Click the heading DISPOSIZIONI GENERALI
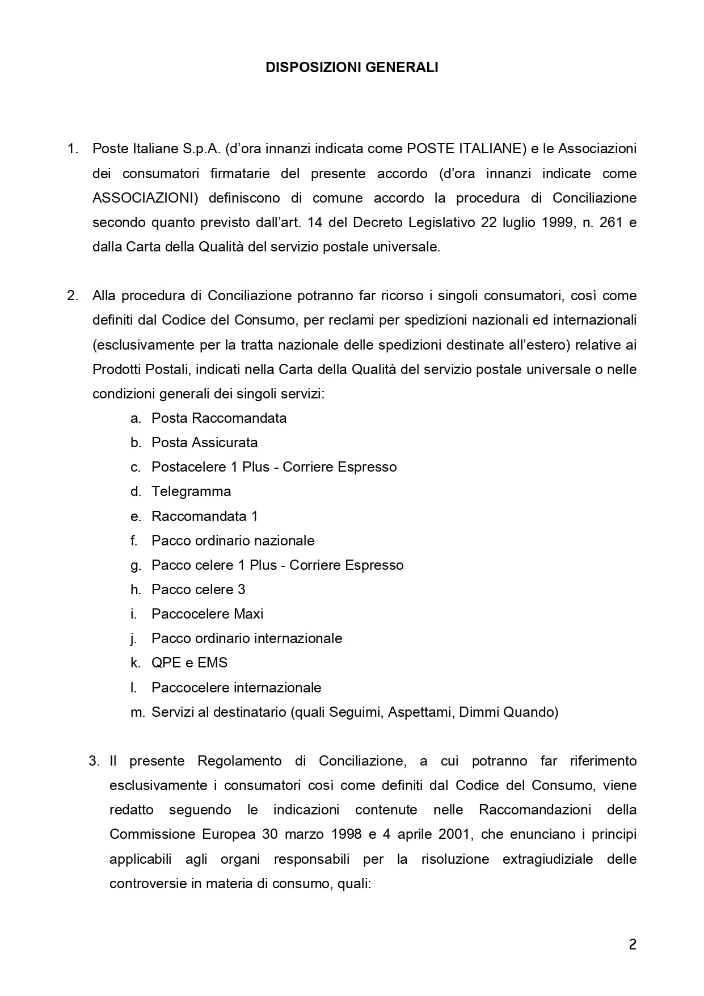[x=352, y=68]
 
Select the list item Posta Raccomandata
[x=219, y=418]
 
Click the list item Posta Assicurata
[x=204, y=443]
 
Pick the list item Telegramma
[x=191, y=491]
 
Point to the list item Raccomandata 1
[x=204, y=516]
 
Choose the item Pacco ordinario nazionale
[x=233, y=540]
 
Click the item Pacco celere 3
[x=198, y=589]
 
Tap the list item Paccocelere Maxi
[x=207, y=613]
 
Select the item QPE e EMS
[x=189, y=662]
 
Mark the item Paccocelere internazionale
[x=236, y=687]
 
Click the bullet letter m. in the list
[x=138, y=712]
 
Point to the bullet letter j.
[x=134, y=638]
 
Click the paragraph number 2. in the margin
[x=72, y=296]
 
